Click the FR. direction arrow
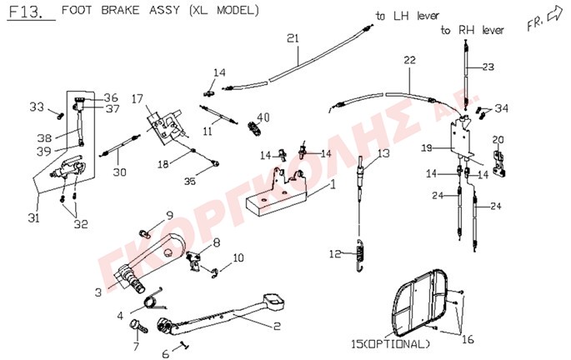point(554,16)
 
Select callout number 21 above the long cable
point(293,38)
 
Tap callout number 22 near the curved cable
point(409,60)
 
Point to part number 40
point(263,117)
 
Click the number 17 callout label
point(138,98)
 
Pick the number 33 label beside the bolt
point(37,107)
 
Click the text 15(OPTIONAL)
point(390,344)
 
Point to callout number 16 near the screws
point(468,340)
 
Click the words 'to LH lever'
point(408,16)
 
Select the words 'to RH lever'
point(473,30)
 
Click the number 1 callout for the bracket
point(332,185)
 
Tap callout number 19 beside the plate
point(427,148)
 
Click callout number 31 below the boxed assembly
point(33,217)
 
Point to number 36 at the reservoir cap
point(111,97)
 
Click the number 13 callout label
point(383,153)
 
